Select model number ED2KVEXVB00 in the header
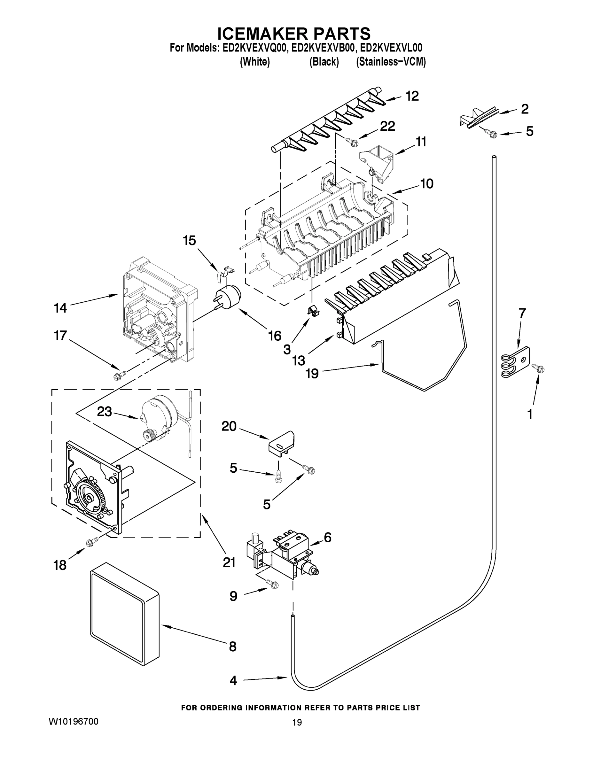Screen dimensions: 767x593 tap(322, 48)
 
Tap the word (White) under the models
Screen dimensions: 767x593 tap(255, 62)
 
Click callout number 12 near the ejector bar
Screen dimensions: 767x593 tap(412, 96)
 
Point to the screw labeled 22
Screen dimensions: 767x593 tap(352, 142)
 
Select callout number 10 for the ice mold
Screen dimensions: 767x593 tap(427, 183)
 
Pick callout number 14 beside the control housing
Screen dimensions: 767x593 tap(60, 308)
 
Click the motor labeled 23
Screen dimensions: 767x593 tap(158, 418)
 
